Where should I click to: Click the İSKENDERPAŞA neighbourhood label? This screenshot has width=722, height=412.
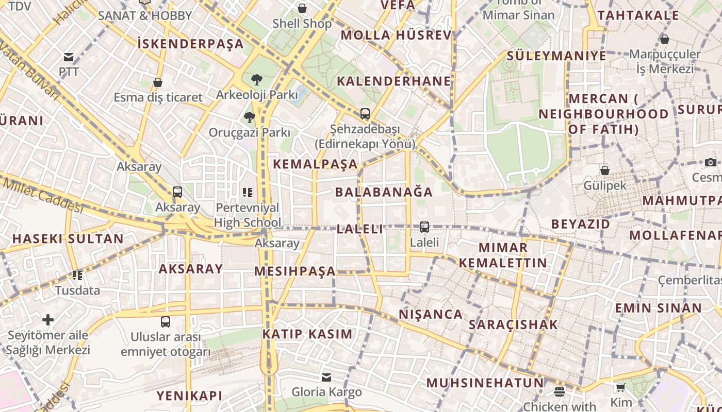[191, 44]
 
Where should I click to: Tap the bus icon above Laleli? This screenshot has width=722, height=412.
[424, 227]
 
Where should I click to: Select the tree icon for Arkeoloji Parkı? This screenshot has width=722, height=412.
[256, 80]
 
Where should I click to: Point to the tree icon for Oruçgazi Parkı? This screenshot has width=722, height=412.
[250, 117]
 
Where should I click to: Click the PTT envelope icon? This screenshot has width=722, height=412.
[69, 57]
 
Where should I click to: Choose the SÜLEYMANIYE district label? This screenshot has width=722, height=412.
[556, 56]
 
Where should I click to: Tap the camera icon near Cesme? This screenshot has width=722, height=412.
[711, 162]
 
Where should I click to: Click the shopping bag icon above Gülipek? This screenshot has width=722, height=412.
[605, 170]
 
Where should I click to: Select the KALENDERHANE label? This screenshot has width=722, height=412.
[394, 81]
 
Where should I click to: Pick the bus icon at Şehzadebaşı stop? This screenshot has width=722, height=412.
[365, 114]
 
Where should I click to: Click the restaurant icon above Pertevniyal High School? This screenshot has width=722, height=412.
[248, 193]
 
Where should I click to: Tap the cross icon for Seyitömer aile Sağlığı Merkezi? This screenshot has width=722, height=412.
[48, 320]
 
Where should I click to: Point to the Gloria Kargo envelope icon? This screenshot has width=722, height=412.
[326, 377]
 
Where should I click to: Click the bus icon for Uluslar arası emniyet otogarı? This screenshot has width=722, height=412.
[166, 322]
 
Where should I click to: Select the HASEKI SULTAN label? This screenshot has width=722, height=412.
[68, 239]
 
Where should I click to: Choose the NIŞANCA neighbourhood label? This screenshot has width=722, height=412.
[431, 315]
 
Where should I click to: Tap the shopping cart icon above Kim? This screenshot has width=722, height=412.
[620, 387]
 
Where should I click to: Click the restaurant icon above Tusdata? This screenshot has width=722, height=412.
[77, 276]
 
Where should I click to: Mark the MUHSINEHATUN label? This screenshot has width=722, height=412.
[485, 383]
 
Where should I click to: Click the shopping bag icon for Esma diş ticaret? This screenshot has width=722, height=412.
[158, 82]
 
